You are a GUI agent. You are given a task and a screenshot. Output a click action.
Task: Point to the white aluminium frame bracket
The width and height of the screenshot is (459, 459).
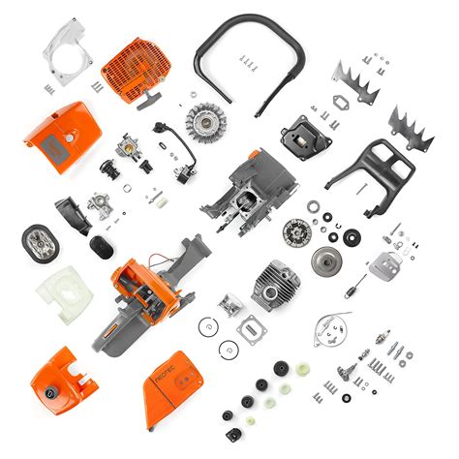[66, 52]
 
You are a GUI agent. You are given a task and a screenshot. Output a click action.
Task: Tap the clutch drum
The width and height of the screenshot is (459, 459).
[323, 260]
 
